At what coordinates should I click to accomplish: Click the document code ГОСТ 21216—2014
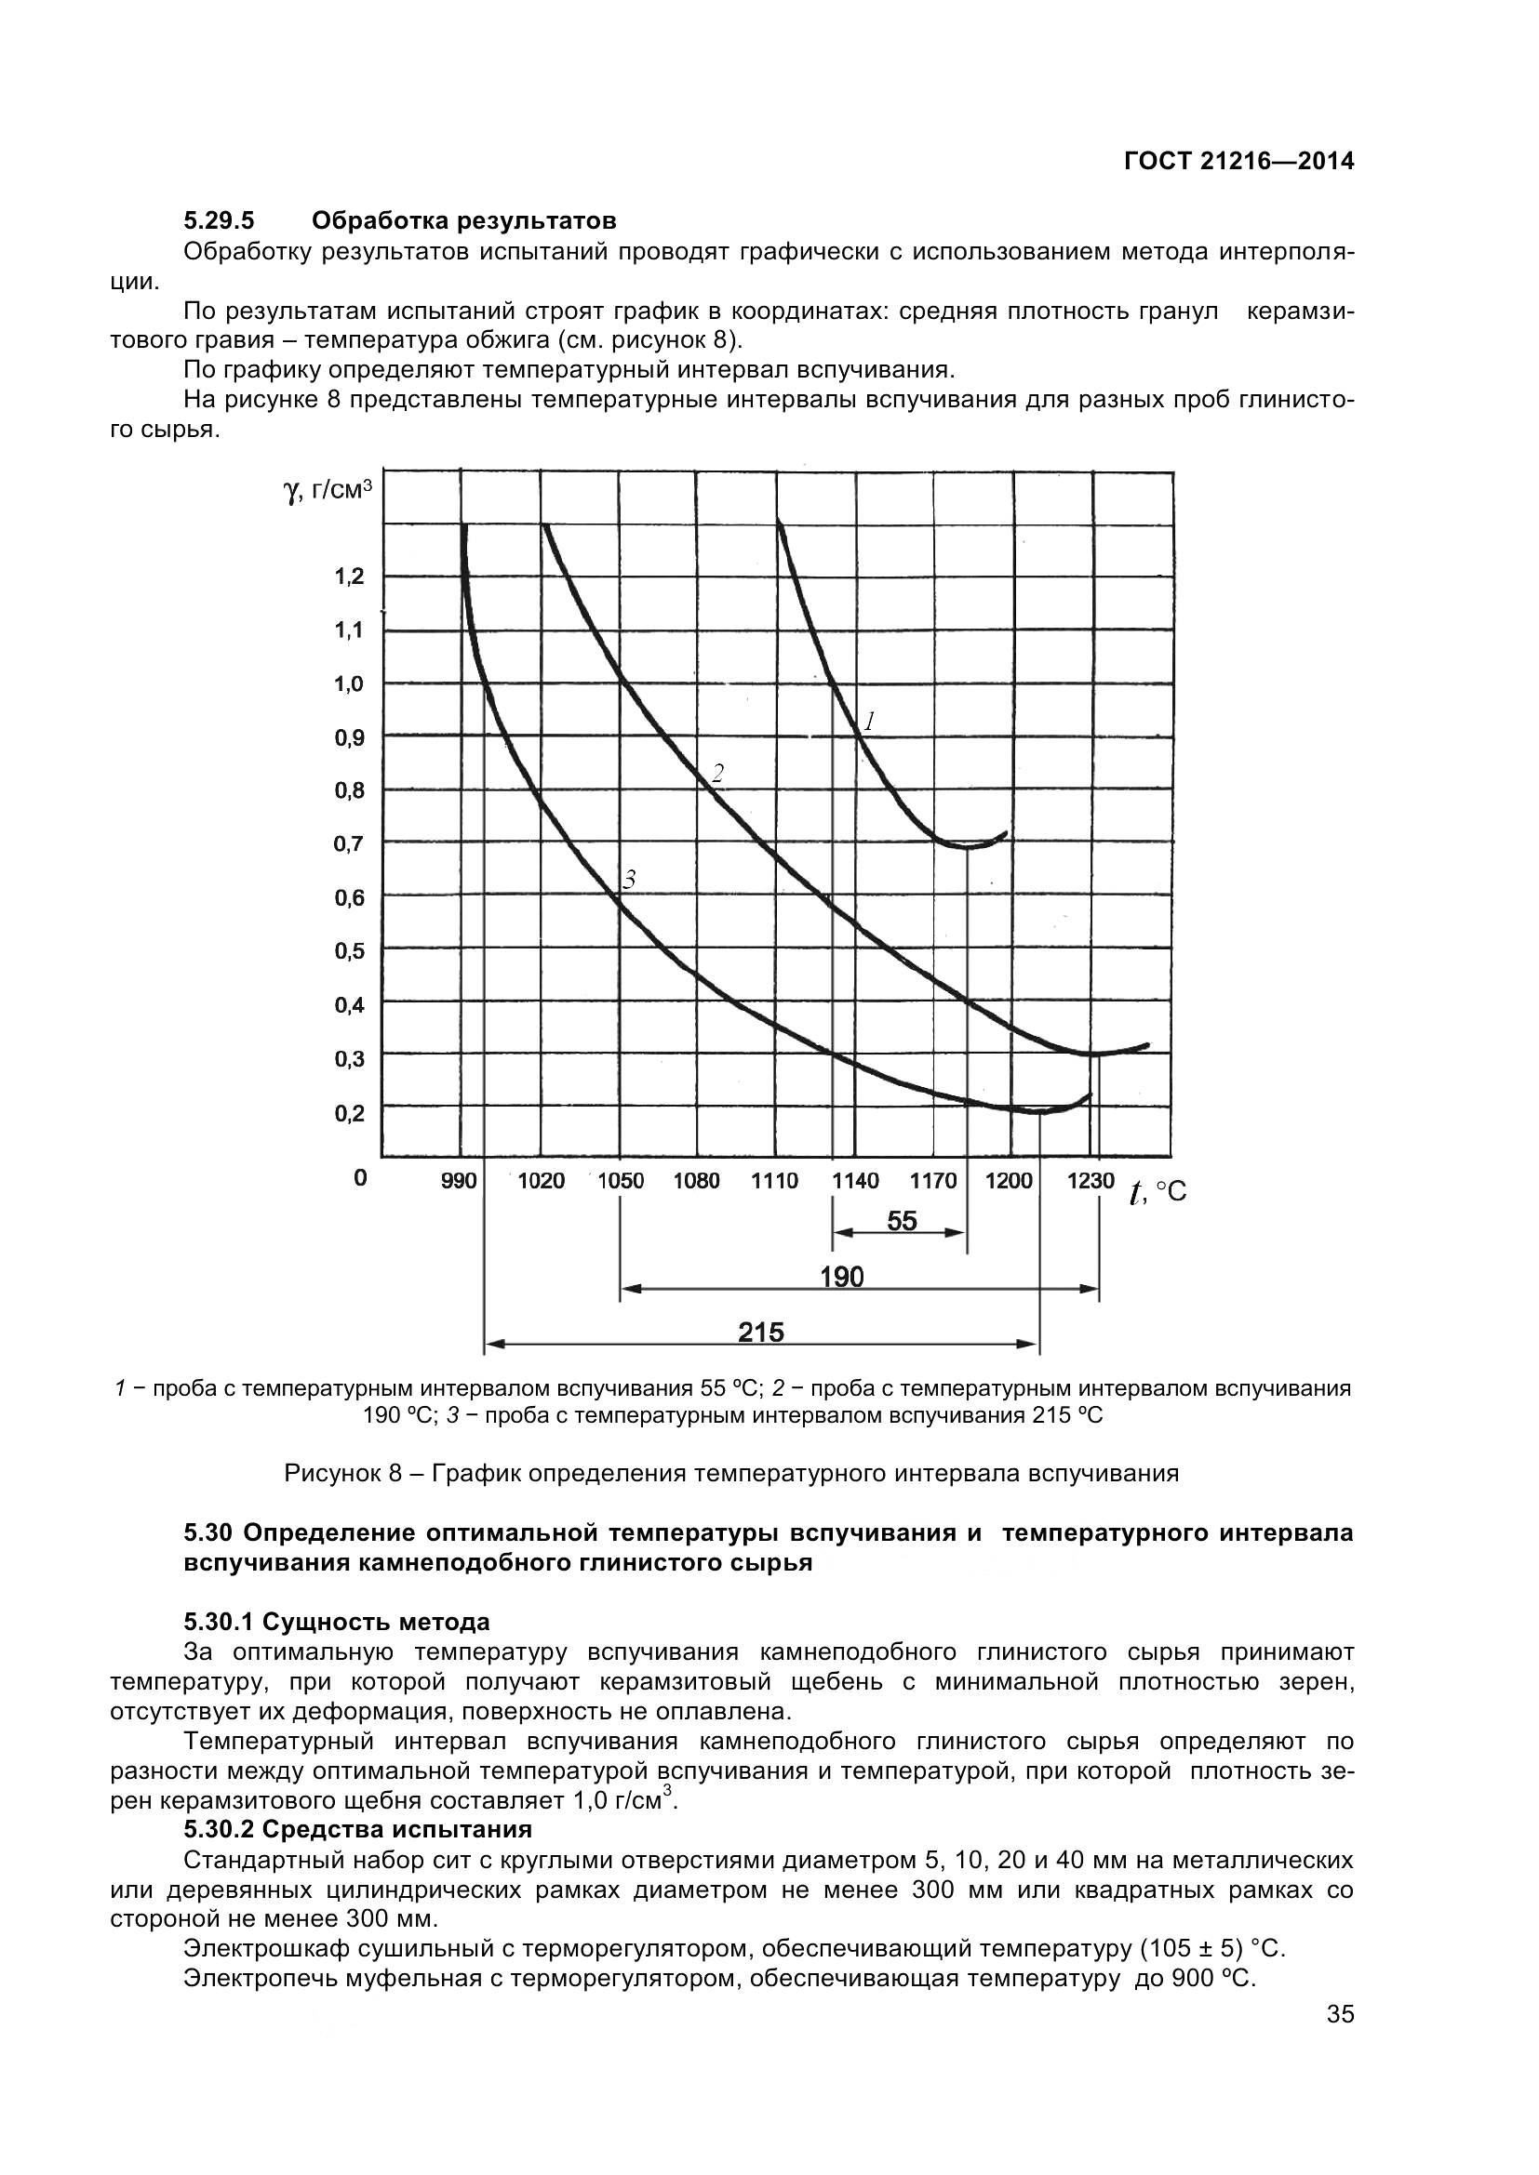[x=1238, y=162]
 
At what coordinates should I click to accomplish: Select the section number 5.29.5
[x=219, y=220]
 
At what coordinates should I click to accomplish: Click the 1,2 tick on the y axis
[x=349, y=576]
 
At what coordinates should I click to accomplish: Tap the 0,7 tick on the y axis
[x=349, y=843]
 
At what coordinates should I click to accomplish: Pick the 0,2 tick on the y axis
[x=349, y=1112]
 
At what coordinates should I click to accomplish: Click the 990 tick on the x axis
[x=459, y=1180]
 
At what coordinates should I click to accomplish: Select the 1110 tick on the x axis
[x=774, y=1180]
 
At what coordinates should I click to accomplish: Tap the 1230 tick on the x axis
[x=1091, y=1180]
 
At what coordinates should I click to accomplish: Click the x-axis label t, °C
[x=1158, y=1192]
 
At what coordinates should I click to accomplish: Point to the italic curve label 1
[x=869, y=722]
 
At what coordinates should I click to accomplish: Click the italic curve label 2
[x=717, y=774]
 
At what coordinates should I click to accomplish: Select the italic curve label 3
[x=628, y=880]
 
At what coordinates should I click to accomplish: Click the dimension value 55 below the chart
[x=902, y=1221]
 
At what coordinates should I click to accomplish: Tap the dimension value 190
[x=841, y=1277]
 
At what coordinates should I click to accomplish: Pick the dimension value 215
[x=761, y=1332]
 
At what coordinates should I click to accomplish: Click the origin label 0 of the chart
[x=360, y=1177]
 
